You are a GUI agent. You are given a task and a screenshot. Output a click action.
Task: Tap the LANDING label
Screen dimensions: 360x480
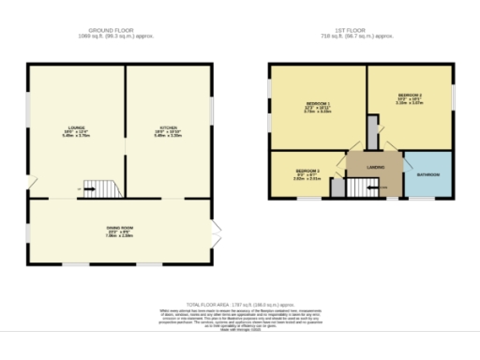(374, 167)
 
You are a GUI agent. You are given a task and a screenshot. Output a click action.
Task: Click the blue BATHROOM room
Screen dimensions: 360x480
(427, 175)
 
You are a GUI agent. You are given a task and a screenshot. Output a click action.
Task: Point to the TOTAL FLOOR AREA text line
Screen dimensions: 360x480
(240, 305)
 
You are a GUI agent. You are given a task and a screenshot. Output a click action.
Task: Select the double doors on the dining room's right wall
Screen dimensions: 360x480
(215, 231)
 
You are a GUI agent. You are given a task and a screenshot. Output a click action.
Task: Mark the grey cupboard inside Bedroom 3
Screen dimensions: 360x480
(336, 187)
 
